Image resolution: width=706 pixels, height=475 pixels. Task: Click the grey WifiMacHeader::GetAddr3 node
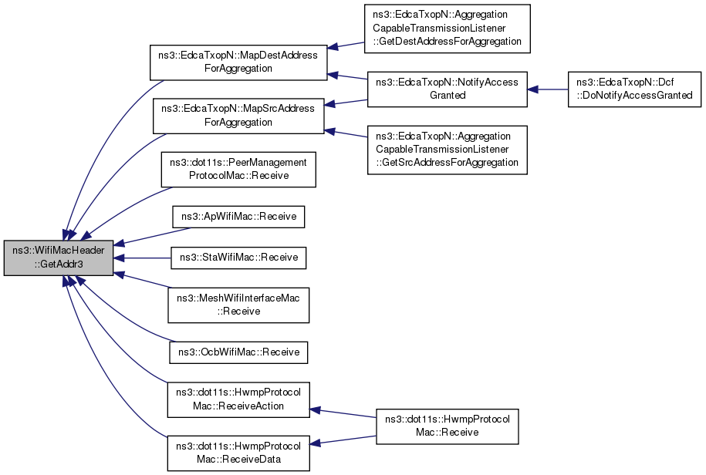click(x=59, y=258)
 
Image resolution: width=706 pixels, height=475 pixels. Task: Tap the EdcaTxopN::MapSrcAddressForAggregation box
click(x=238, y=115)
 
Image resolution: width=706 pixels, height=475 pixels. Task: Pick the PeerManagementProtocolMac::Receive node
click(x=238, y=169)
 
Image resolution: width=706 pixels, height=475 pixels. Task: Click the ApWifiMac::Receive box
click(x=238, y=217)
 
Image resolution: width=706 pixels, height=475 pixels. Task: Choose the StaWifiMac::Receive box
click(x=238, y=258)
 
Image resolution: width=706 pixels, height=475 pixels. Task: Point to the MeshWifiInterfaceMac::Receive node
click(x=238, y=305)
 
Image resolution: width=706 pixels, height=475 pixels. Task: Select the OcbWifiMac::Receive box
click(x=238, y=352)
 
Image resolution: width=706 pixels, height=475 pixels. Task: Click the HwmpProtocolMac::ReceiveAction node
click(x=238, y=399)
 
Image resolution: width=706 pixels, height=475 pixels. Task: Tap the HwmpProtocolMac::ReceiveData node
click(x=238, y=453)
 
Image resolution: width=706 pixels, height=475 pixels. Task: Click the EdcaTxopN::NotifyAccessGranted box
click(x=447, y=89)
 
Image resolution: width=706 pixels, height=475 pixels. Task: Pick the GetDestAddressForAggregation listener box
click(x=447, y=29)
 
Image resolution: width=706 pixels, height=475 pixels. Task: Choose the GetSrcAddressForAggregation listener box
click(x=447, y=150)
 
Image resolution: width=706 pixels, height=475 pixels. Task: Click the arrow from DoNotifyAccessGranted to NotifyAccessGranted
click(x=548, y=89)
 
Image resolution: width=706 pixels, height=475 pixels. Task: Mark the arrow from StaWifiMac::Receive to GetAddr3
click(x=143, y=258)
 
